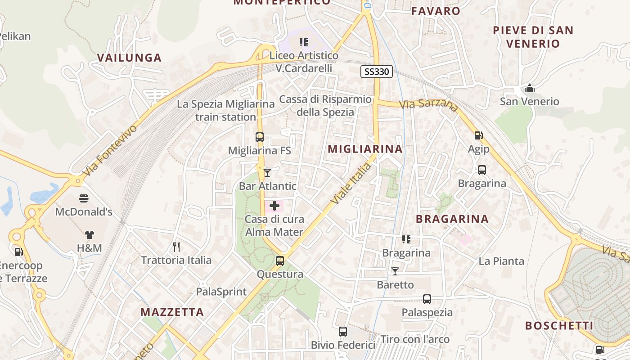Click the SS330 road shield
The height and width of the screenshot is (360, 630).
pyautogui.click(x=377, y=71)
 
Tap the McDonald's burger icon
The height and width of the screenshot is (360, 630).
pyautogui.click(x=84, y=198)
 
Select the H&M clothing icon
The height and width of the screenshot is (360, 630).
pyautogui.click(x=89, y=234)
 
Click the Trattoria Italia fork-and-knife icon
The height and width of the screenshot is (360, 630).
pyautogui.click(x=176, y=247)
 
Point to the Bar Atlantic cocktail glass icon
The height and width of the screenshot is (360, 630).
pyautogui.click(x=267, y=172)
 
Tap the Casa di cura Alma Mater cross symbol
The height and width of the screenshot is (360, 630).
pyautogui.click(x=274, y=206)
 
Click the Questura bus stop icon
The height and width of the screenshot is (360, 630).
pyautogui.click(x=280, y=261)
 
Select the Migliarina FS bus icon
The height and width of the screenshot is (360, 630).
pyautogui.click(x=260, y=137)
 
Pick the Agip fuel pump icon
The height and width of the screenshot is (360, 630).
pyautogui.click(x=478, y=135)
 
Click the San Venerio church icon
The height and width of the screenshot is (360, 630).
pyautogui.click(x=530, y=88)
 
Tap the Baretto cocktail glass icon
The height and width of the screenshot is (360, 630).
pyautogui.click(x=395, y=271)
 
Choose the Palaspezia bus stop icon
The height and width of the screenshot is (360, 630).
pyautogui.click(x=427, y=299)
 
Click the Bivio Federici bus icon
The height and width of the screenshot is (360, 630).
pyautogui.click(x=343, y=332)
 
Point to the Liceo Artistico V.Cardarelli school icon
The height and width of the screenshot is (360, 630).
pyautogui.click(x=304, y=42)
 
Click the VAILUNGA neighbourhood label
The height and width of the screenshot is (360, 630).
pyautogui.click(x=130, y=58)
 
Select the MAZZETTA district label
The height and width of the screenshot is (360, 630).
pyautogui.click(x=172, y=312)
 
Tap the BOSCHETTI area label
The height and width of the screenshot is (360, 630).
pyautogui.click(x=559, y=326)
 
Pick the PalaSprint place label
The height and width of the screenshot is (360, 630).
pyautogui.click(x=221, y=292)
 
